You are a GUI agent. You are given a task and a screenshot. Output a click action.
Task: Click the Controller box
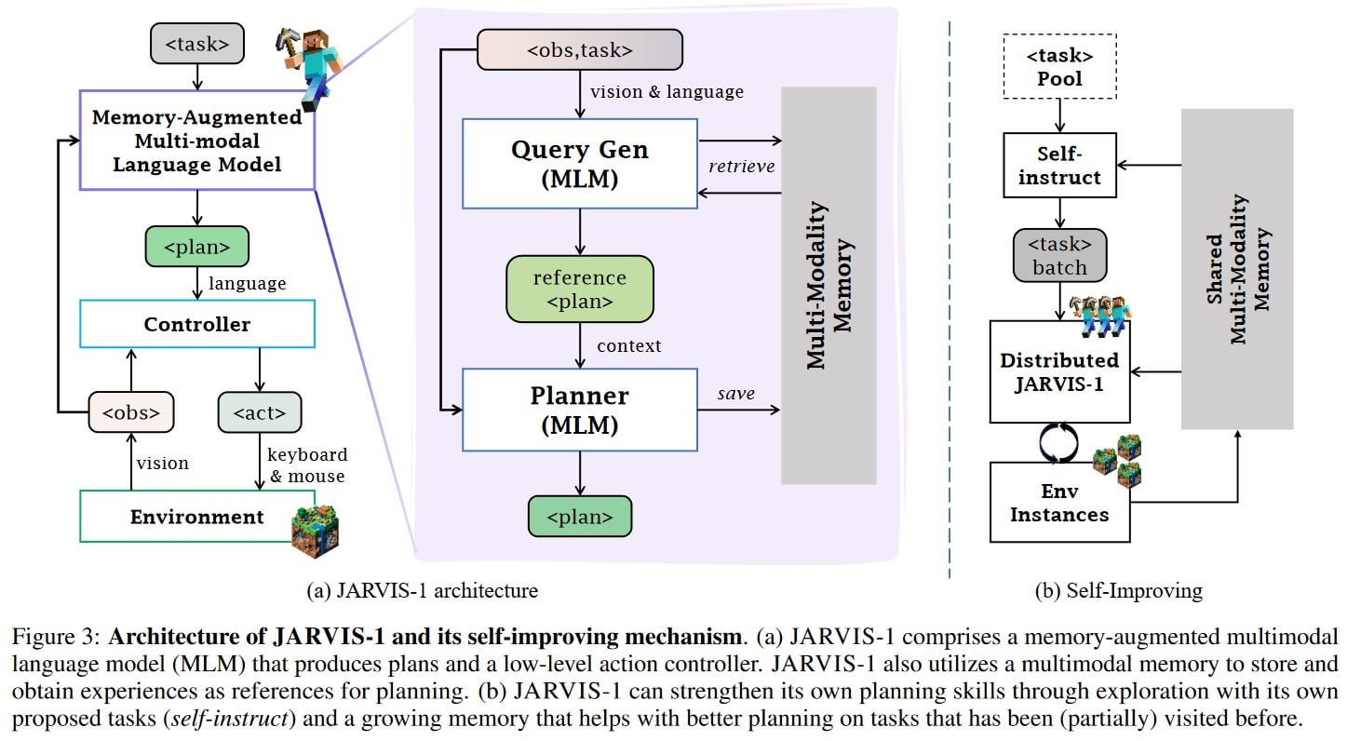[x=197, y=324]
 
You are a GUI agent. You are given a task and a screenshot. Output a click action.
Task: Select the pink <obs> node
[x=131, y=412]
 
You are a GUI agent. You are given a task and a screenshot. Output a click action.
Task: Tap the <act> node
[x=260, y=412]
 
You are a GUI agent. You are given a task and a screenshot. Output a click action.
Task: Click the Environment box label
[x=196, y=517]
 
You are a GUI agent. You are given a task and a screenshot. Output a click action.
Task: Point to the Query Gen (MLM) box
[x=580, y=164]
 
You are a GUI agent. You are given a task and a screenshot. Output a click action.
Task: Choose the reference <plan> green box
[x=580, y=290]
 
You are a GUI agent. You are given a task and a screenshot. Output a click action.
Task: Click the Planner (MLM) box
[x=580, y=410]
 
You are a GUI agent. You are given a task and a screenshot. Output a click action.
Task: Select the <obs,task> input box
[x=580, y=49]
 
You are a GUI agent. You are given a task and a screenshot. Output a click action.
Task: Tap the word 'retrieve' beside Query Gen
[x=741, y=167]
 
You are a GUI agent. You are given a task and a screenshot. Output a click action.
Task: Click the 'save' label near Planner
[x=736, y=394]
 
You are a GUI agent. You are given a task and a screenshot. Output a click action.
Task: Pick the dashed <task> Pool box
[x=1059, y=66]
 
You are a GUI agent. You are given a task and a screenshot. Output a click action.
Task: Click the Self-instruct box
[x=1059, y=166]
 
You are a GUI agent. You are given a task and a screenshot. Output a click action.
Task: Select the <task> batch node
[x=1059, y=256]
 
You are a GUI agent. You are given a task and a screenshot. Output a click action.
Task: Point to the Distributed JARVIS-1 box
[x=1059, y=371]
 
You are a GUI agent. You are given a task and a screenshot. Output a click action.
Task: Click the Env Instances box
[x=1059, y=502]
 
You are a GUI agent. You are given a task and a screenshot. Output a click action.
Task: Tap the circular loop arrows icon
[x=1058, y=443]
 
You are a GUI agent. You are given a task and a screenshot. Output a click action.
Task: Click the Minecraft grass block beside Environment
[x=315, y=531]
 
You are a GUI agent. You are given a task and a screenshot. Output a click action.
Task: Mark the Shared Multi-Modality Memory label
[x=1237, y=269]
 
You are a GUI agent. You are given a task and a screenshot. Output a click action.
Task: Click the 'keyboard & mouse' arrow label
[x=307, y=465]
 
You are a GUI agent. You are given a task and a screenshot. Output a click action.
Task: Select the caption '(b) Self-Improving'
[x=1119, y=591]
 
